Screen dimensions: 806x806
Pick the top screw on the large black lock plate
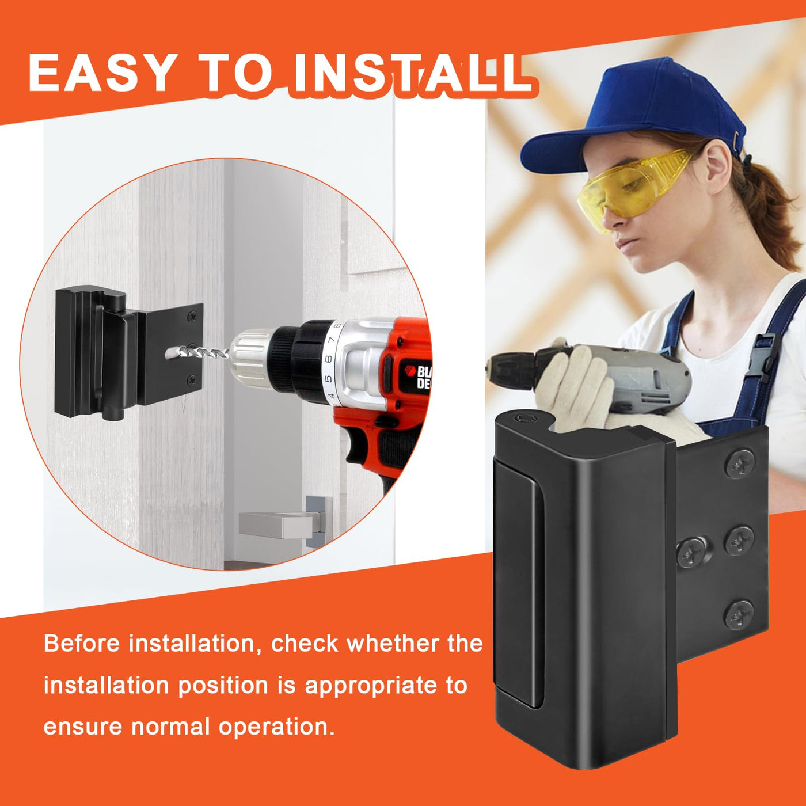[x=739, y=464]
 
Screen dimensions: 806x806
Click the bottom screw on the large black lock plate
[x=739, y=615]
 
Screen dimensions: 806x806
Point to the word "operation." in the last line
[x=276, y=728]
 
